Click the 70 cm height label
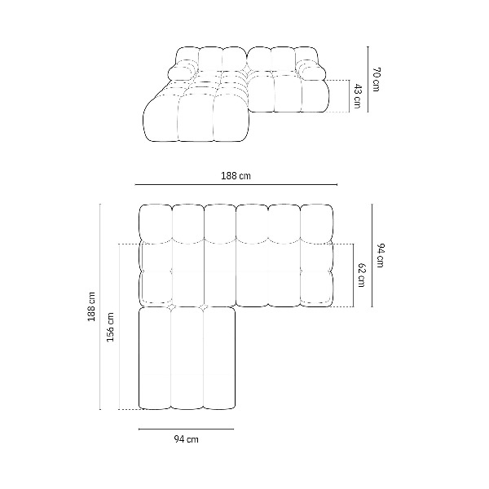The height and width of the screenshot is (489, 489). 376,79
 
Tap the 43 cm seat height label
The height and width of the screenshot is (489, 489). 358,96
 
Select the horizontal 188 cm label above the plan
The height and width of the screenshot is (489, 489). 236,176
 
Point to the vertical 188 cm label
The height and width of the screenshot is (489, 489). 91,306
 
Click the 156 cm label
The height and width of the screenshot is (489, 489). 110,327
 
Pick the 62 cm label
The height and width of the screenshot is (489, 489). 362,275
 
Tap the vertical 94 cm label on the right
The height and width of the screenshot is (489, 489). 381,255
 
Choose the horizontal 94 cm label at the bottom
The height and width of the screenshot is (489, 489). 186,439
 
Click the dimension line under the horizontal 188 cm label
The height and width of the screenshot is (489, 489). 236,185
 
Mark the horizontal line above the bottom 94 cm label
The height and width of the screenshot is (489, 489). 186,430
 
